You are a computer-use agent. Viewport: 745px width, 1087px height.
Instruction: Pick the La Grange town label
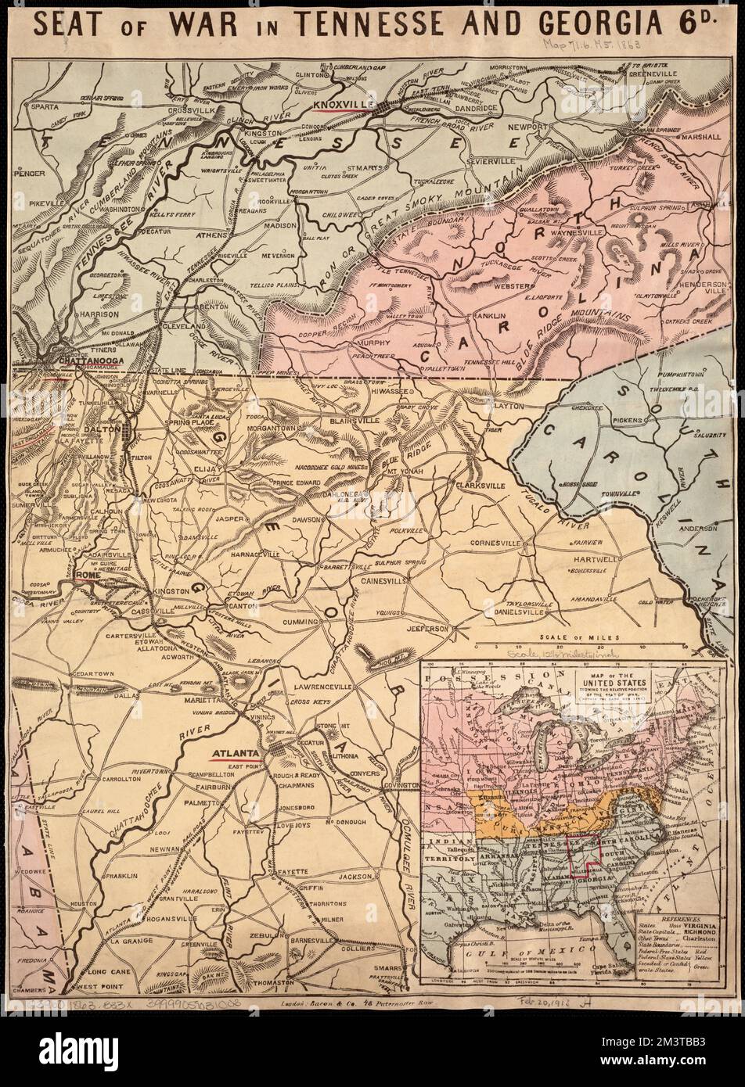(124, 943)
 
